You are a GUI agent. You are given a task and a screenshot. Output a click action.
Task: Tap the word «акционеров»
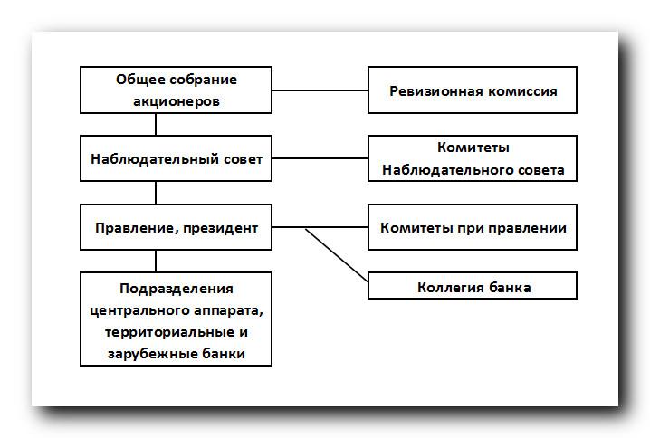[x=177, y=101]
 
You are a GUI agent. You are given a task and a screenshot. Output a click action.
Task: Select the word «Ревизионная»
[x=436, y=91]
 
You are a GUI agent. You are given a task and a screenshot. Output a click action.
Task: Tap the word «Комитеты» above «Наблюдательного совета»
[x=473, y=148]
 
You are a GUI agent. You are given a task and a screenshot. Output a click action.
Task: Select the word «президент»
[x=221, y=228]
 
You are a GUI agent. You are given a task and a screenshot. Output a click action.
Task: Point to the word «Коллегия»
[x=451, y=288]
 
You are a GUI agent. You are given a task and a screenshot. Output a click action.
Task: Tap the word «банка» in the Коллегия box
[x=510, y=288]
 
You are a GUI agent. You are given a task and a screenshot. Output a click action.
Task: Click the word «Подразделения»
[x=177, y=289]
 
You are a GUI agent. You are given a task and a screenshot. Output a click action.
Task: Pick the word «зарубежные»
[x=153, y=354]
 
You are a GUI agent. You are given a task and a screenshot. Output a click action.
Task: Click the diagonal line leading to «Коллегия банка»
[x=337, y=255]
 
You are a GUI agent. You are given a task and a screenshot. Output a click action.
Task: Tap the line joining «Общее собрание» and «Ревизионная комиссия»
[x=320, y=90]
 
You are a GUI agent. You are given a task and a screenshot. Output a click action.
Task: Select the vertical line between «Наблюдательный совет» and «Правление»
[x=156, y=193]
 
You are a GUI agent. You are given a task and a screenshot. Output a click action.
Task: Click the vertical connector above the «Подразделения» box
[x=156, y=261]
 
